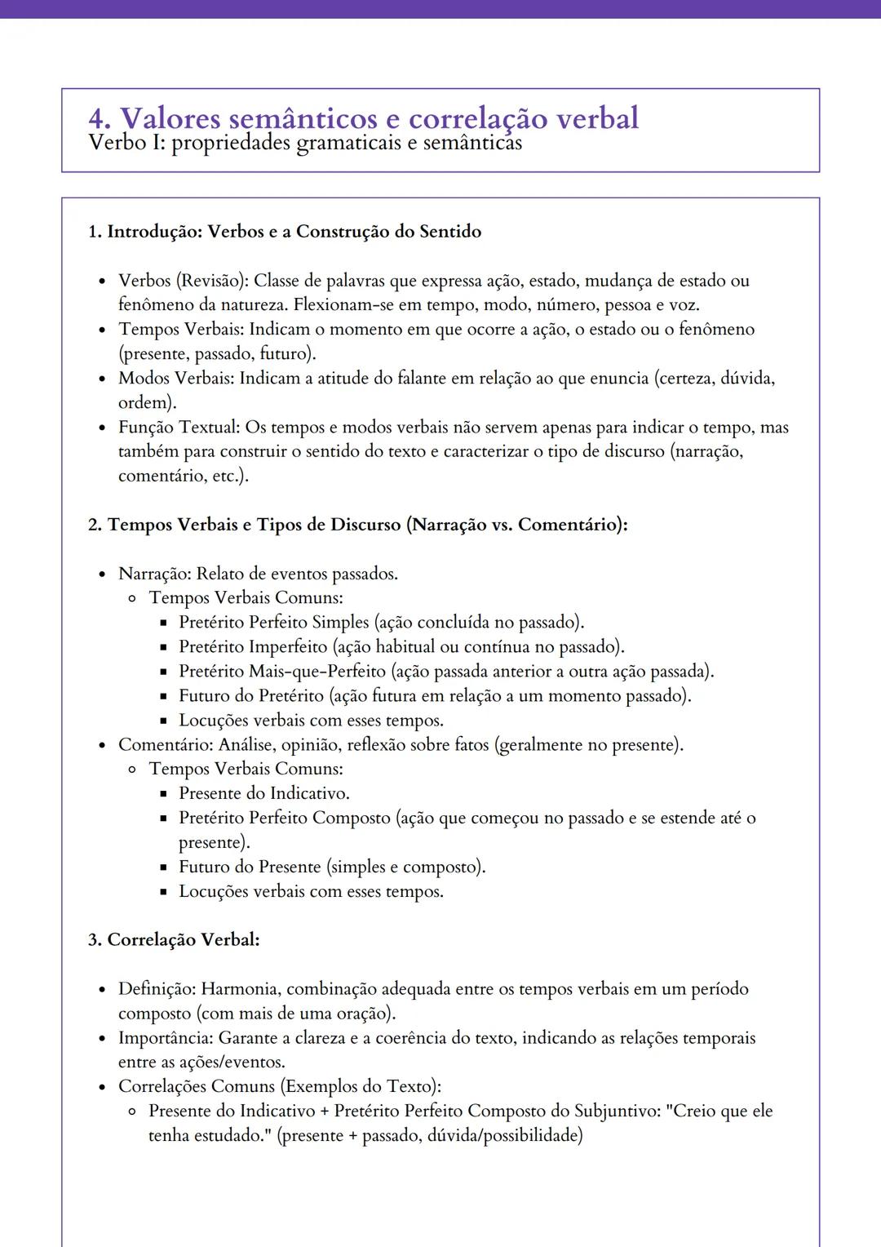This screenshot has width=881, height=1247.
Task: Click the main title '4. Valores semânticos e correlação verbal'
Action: (x=363, y=119)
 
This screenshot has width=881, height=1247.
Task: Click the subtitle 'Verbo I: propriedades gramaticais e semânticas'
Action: (x=304, y=143)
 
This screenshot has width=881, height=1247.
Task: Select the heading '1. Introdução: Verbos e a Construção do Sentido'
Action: (x=285, y=232)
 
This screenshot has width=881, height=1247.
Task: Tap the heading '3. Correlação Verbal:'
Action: (x=174, y=940)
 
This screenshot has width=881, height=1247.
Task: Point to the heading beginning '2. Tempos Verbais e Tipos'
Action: (x=357, y=525)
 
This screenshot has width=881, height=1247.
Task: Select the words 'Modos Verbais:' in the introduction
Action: (x=176, y=379)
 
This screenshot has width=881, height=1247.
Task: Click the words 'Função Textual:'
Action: (x=179, y=428)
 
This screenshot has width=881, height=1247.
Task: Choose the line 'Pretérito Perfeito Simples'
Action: (x=274, y=623)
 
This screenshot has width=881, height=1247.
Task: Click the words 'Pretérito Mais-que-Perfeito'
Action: (x=282, y=672)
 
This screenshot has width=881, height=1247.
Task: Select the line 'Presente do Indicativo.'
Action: (x=264, y=793)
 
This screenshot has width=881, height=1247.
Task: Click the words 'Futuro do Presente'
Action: (x=250, y=867)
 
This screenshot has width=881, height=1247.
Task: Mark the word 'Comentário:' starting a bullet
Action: (x=166, y=745)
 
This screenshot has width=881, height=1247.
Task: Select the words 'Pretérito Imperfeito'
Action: (x=253, y=647)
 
